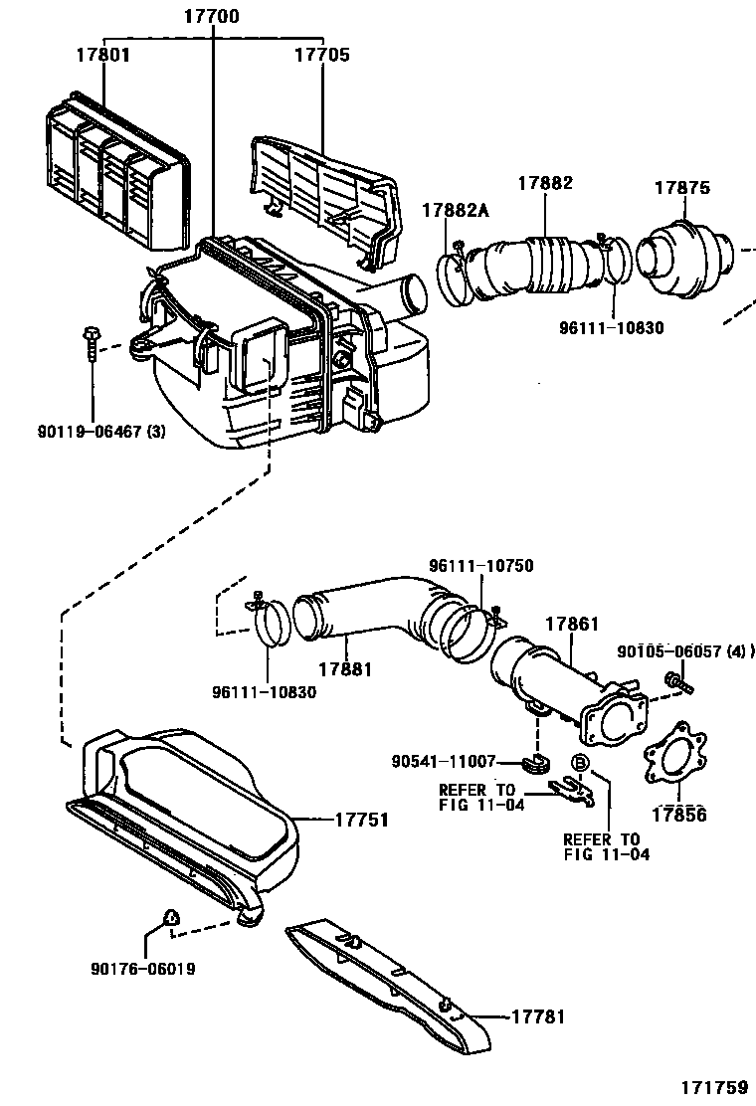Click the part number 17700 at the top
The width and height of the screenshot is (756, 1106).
pyautogui.click(x=211, y=17)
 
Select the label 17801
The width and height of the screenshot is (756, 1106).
pyautogui.click(x=102, y=55)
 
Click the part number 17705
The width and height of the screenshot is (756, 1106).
pyautogui.click(x=321, y=55)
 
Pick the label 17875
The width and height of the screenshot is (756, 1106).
pyautogui.click(x=681, y=188)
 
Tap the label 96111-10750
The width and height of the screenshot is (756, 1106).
pyautogui.click(x=481, y=566)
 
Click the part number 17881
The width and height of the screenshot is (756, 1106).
pyautogui.click(x=344, y=669)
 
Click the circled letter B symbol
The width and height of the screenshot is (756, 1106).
pyautogui.click(x=580, y=763)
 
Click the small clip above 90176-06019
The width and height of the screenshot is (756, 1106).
pyautogui.click(x=171, y=916)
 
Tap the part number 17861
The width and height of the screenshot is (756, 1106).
pyautogui.click(x=571, y=624)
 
